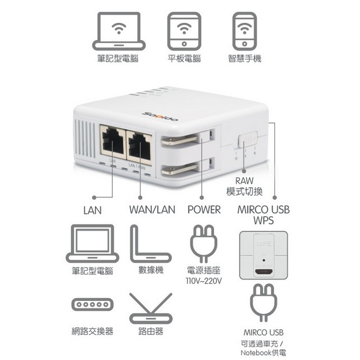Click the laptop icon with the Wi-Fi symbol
(x=119, y=31)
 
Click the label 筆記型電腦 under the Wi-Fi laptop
(x=118, y=58)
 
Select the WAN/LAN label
(x=152, y=210)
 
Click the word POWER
(x=204, y=210)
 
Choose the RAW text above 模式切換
(x=245, y=181)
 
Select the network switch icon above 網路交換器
(x=92, y=305)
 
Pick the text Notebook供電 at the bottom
(x=264, y=353)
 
